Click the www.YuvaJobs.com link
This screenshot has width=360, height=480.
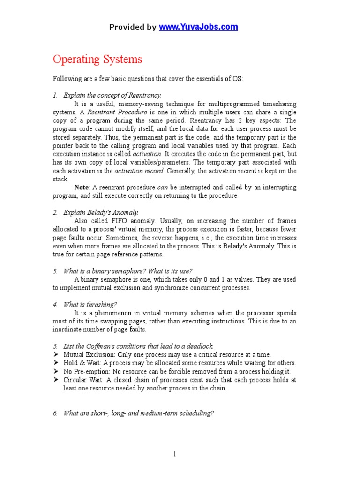[x=198, y=27]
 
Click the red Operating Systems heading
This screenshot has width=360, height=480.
[x=97, y=60]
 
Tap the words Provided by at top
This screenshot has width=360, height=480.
[x=133, y=27]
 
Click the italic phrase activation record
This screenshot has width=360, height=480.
[x=135, y=171]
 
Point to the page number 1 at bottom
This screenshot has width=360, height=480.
[x=174, y=454]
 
